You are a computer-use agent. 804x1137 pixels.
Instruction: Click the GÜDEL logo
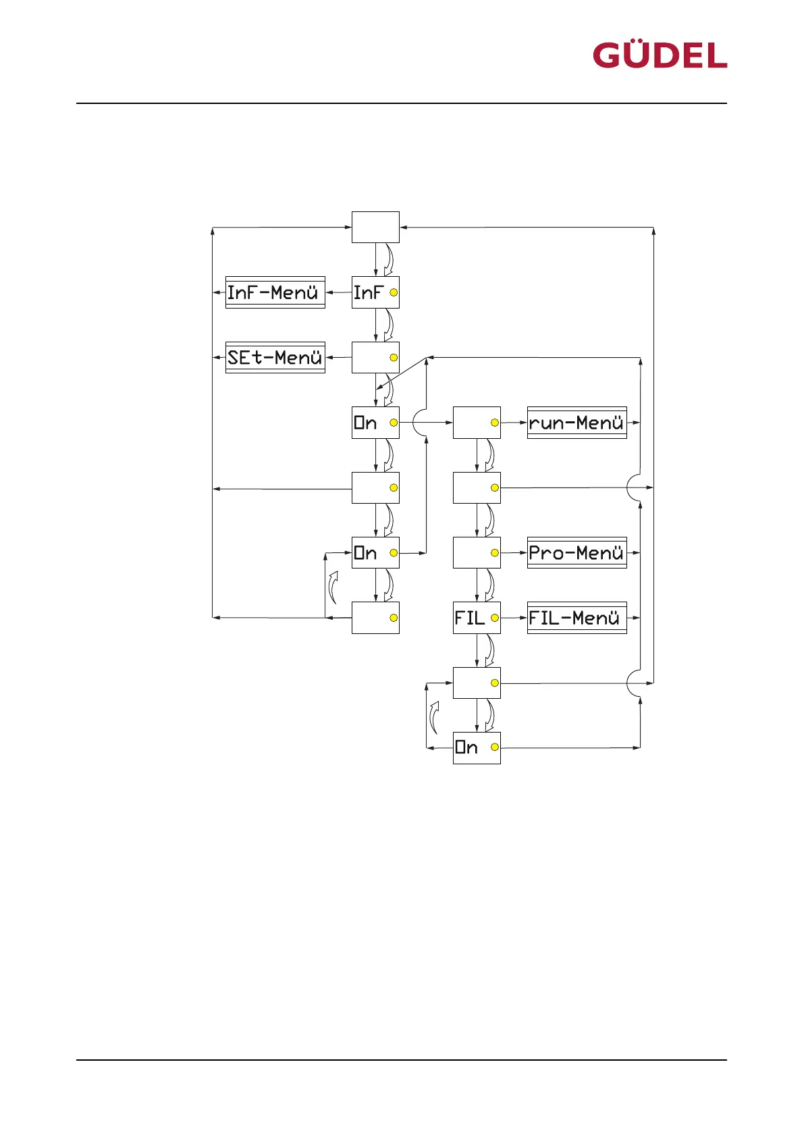click(660, 55)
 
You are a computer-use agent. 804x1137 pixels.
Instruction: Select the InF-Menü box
click(275, 292)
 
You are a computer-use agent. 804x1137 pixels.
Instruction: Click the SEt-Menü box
click(275, 357)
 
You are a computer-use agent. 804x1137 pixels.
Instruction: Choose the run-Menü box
click(577, 423)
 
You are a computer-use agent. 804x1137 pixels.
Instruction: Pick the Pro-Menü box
click(577, 552)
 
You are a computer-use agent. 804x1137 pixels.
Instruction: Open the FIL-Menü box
click(577, 618)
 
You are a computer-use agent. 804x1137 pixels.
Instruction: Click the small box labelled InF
click(375, 292)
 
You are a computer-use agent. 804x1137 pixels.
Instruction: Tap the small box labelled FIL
click(477, 618)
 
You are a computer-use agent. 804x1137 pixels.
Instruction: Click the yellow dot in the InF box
click(394, 293)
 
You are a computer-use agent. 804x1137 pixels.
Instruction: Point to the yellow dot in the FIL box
click(495, 618)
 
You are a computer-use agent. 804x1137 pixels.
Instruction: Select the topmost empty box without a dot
click(375, 228)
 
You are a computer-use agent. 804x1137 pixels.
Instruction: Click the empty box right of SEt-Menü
click(375, 357)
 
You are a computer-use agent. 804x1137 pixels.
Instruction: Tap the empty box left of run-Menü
click(477, 423)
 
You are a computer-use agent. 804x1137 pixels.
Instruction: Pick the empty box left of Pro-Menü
click(477, 552)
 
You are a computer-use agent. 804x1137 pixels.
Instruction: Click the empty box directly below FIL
click(477, 683)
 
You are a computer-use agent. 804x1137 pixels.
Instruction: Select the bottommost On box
click(477, 747)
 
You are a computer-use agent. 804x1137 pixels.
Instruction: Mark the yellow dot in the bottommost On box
click(495, 747)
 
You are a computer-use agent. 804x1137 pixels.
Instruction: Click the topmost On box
click(375, 423)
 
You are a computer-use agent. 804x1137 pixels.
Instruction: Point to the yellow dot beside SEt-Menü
click(394, 358)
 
